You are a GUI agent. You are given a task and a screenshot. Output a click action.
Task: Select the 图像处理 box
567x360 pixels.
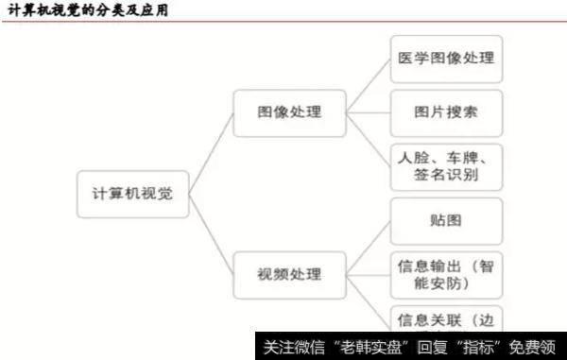click(x=288, y=112)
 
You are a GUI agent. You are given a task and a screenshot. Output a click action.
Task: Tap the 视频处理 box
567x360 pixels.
click(x=288, y=275)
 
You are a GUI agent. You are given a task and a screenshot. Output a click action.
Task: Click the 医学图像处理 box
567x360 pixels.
click(x=446, y=59)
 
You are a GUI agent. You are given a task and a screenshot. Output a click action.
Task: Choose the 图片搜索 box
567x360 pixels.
click(x=446, y=112)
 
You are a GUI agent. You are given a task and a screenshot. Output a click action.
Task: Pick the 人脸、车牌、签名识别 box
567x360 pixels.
click(x=446, y=167)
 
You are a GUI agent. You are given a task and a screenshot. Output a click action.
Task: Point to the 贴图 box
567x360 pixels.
click(x=446, y=221)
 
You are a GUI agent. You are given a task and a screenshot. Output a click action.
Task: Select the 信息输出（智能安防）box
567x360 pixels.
click(x=446, y=275)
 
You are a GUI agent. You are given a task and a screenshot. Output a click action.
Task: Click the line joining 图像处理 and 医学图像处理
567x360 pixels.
click(x=368, y=86)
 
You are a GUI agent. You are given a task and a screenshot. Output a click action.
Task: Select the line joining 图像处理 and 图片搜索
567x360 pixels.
click(x=368, y=112)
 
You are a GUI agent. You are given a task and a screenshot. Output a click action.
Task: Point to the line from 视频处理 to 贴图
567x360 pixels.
click(x=368, y=249)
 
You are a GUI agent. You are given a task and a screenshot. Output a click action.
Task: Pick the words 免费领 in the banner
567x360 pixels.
click(x=533, y=346)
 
